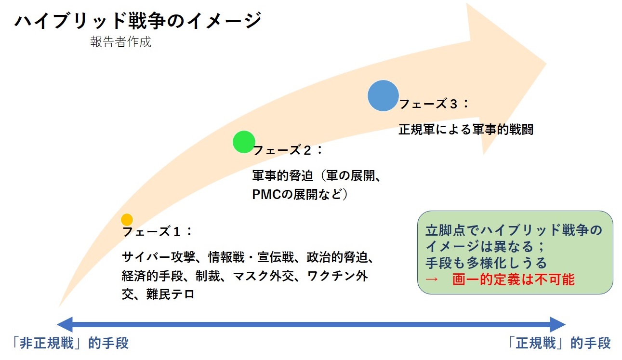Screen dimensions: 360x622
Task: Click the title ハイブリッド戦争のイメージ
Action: coord(138,21)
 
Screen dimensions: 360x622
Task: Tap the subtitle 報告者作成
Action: coord(120,42)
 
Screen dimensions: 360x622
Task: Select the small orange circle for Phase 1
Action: coord(127,220)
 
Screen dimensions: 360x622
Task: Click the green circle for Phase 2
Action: coord(244,142)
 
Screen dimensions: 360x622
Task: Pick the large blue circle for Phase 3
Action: coord(383,95)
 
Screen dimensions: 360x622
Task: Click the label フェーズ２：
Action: coord(288,150)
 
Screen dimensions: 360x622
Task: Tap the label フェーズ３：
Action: coord(434,104)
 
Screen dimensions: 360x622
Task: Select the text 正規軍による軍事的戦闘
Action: coord(466,130)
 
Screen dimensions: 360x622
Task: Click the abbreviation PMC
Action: coord(264,195)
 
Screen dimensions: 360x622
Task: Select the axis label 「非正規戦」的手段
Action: coord(70,343)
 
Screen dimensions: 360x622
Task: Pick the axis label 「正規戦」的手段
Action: coord(559,343)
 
